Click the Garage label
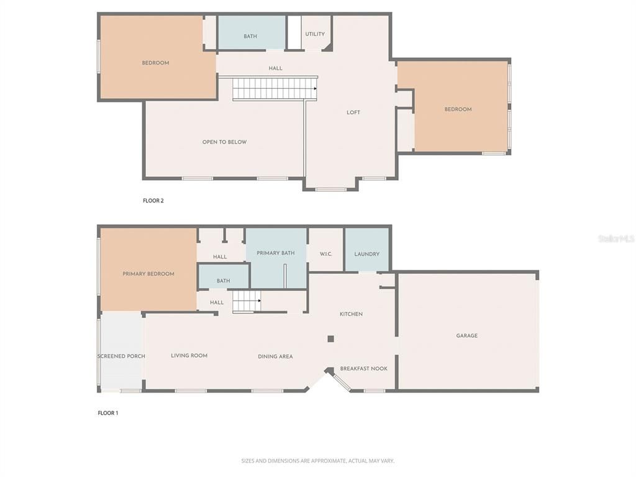pos(467,335)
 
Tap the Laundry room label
pos(366,254)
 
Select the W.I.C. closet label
pos(326,254)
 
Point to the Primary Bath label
pos(275,253)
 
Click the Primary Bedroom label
pos(148,274)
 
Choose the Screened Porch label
pos(121,356)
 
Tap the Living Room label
pos(189,356)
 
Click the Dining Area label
pos(275,357)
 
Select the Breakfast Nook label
pos(363,368)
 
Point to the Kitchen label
pos(351,314)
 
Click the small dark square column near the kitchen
pos(330,338)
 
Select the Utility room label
pos(315,34)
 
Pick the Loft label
pos(353,112)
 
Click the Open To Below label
pos(224,142)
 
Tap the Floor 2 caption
pos(153,201)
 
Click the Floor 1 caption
pos(107,413)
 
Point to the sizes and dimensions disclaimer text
pos(317,461)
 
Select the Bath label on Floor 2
pos(250,37)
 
